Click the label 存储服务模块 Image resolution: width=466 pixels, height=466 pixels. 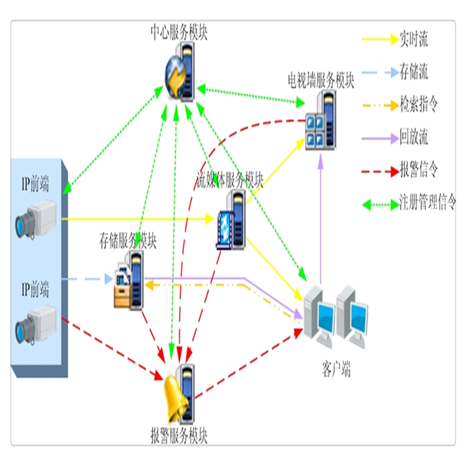click(x=128, y=239)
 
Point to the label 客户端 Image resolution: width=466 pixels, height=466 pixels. click(x=336, y=369)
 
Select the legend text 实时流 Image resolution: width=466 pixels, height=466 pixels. click(x=414, y=40)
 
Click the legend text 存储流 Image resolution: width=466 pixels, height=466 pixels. click(x=414, y=73)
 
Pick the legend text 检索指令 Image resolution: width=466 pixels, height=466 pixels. click(x=418, y=105)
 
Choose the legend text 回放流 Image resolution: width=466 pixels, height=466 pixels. click(x=414, y=138)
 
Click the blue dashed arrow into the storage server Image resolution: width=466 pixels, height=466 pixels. click(x=87, y=280)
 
